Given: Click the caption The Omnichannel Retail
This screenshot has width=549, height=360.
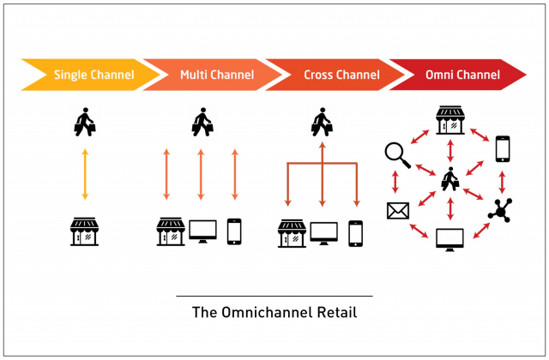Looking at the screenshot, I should click(274, 313).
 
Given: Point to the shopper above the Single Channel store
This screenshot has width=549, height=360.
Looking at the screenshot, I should click(83, 122).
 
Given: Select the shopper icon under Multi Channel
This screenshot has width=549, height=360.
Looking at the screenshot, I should click(202, 122).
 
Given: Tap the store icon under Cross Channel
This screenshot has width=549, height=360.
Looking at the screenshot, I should click(293, 231).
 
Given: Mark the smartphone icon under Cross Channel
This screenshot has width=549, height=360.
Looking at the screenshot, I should click(355, 231).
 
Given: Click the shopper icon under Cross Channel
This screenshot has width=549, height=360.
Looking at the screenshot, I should click(323, 122).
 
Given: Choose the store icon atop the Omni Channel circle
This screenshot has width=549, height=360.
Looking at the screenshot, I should click(449, 121).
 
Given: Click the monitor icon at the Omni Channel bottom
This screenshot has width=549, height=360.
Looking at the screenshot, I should click(449, 239).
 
